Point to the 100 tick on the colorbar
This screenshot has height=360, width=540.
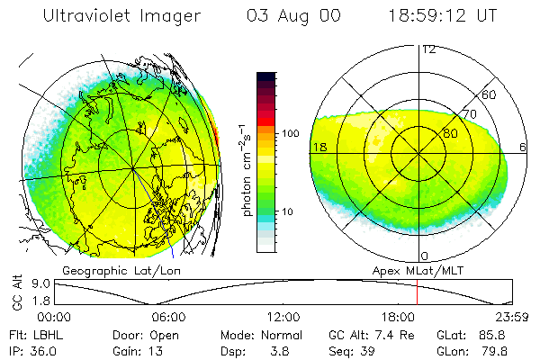click(x=291, y=133)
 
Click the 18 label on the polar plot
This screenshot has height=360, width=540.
click(x=319, y=147)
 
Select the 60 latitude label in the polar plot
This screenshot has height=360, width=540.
click(x=490, y=94)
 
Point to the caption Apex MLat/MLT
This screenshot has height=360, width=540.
click(x=409, y=270)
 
